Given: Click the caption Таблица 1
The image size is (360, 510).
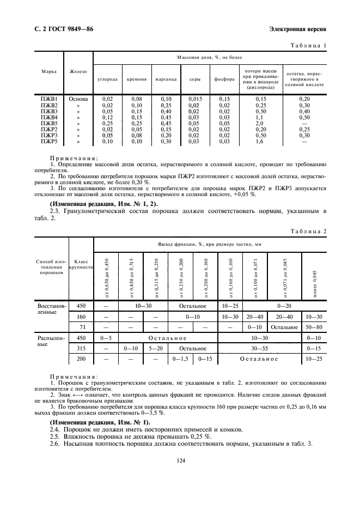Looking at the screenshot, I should point(309,45).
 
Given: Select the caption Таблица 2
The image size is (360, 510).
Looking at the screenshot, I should point(309,230).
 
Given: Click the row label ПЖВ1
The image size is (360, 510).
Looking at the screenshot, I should point(49,99).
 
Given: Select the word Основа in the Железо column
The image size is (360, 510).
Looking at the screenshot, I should point(78,99).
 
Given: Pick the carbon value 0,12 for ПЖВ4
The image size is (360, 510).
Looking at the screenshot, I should point(107,117).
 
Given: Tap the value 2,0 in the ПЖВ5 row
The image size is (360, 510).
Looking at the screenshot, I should point(259,123).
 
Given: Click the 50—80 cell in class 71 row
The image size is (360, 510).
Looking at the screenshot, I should point(314,327).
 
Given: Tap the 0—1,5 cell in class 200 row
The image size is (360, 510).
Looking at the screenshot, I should point(180,359).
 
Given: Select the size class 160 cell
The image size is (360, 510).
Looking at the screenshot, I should point(81,317).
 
